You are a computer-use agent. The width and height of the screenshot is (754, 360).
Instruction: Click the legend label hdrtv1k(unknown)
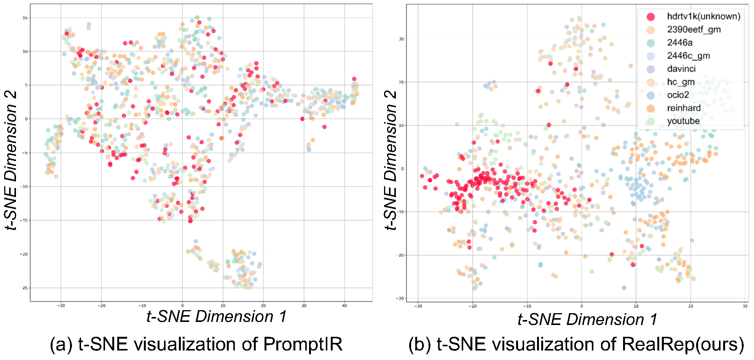point(703,16)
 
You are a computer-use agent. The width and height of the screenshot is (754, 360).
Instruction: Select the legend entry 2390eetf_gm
point(693,29)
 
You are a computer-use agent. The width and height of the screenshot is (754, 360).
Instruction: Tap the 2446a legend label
point(679,42)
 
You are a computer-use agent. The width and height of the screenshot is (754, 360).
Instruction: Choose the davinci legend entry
point(681,68)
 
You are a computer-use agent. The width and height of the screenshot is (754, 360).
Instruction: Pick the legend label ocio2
point(678,95)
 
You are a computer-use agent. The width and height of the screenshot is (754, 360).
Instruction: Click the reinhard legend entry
point(684,108)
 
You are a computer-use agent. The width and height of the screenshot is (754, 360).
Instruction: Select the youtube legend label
point(683,121)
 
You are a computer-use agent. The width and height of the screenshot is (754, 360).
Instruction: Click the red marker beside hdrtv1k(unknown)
point(651,17)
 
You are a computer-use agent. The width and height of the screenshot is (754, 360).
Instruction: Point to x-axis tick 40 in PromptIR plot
point(344,306)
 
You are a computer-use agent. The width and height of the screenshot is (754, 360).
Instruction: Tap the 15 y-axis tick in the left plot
point(25,18)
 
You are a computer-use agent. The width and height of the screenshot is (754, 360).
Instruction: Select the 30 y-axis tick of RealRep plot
point(401,39)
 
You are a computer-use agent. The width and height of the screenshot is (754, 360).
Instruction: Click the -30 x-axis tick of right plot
point(418,306)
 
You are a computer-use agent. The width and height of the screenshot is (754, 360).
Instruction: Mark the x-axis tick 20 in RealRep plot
point(690,306)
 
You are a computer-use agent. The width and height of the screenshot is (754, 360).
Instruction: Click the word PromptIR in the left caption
point(303,344)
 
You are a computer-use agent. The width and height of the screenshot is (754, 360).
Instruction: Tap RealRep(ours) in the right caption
point(683,344)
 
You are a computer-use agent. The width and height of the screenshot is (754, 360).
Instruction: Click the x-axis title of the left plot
point(216,317)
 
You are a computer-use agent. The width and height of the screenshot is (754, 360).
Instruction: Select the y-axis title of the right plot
point(391,160)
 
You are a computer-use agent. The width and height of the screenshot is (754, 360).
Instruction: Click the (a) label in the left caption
point(61,344)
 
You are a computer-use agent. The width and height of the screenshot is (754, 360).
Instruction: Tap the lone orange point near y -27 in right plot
point(624,288)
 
